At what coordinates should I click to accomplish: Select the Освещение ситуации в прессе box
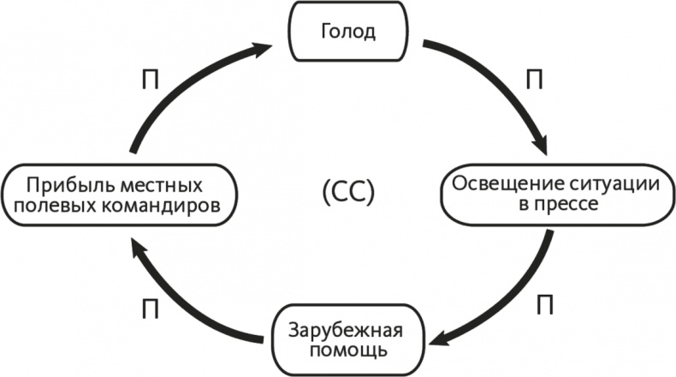555,194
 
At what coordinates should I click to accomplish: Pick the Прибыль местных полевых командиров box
116,195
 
